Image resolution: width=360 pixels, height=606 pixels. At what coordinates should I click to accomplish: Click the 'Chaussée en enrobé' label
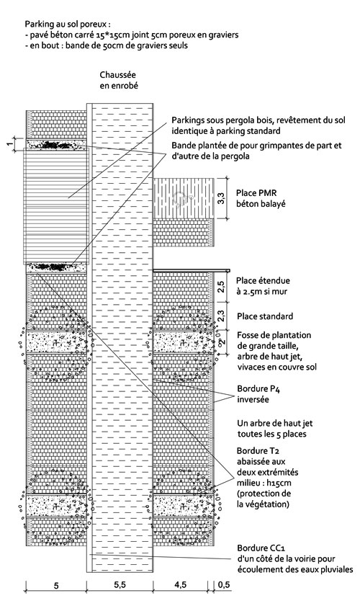[x=119, y=80]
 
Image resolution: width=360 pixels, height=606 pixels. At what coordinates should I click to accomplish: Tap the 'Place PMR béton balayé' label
[x=261, y=198]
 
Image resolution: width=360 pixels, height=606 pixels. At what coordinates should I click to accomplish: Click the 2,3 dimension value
[x=220, y=316]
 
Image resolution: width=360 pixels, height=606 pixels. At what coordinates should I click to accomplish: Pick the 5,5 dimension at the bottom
[x=120, y=585]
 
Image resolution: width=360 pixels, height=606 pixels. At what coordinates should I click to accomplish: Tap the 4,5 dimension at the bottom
[x=180, y=585]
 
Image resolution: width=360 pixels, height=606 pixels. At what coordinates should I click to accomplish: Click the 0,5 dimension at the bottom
[x=223, y=585]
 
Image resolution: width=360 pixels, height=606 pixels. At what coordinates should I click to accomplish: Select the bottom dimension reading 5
[x=56, y=586]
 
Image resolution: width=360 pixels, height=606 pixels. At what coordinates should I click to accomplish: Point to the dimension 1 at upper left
[x=9, y=144]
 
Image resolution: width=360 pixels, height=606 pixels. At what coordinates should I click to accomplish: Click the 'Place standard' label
[x=265, y=316]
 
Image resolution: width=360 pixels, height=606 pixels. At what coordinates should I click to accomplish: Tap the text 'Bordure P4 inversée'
[x=258, y=394]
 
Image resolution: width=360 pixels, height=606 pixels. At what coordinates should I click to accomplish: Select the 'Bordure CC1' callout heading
[x=261, y=548]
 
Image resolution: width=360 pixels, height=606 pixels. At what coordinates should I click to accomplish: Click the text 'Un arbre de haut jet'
[x=274, y=423]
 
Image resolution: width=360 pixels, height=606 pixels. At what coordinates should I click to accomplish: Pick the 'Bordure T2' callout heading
[x=258, y=450]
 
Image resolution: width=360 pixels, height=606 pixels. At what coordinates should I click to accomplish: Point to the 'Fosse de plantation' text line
[x=274, y=334]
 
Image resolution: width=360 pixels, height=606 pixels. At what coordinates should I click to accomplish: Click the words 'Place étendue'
[x=263, y=280]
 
